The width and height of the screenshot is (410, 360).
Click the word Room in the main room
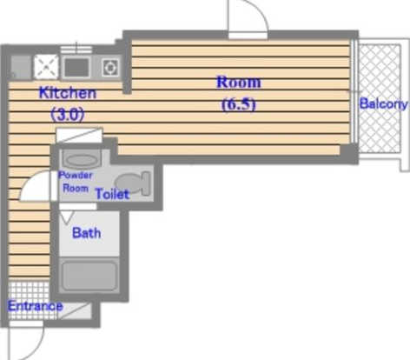pyautogui.click(x=239, y=82)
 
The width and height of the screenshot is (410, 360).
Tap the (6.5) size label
pyautogui.click(x=239, y=104)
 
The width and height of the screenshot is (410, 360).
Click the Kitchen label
pyautogui.click(x=68, y=93)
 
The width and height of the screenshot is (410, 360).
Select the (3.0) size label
pyautogui.click(x=68, y=115)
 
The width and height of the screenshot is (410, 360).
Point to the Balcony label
pyautogui.click(x=384, y=103)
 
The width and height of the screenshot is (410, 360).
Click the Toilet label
pyautogui.click(x=112, y=194)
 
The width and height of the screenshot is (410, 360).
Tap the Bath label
pyautogui.click(x=86, y=233)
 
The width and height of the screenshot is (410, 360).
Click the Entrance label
pyautogui.click(x=35, y=306)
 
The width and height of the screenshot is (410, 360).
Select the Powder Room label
pyautogui.click(x=76, y=182)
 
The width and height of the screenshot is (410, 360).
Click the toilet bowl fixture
pyautogui.click(x=133, y=183)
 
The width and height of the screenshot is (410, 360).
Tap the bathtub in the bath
pyautogui.click(x=89, y=276)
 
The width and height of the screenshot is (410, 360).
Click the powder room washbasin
pyautogui.click(x=82, y=159)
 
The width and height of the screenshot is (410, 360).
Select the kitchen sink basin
pyautogui.click(x=76, y=68)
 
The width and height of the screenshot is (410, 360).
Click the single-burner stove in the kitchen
pyautogui.click(x=110, y=68)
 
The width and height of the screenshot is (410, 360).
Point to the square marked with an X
pyautogui.click(x=46, y=68)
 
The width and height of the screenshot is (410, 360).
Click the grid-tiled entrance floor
pyautogui.click(x=29, y=300)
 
